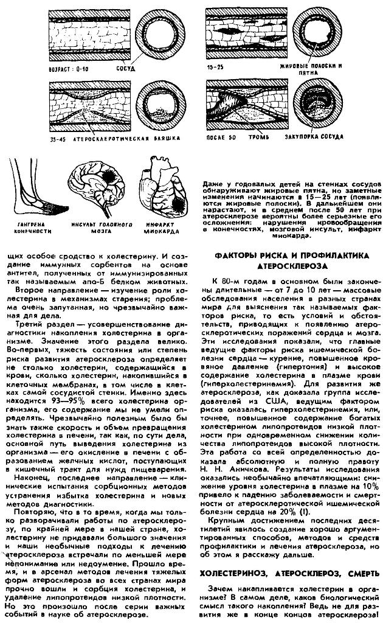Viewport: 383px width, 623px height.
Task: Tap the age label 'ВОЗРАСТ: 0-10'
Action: (x=68, y=69)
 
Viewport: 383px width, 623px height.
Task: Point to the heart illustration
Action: (x=159, y=189)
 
